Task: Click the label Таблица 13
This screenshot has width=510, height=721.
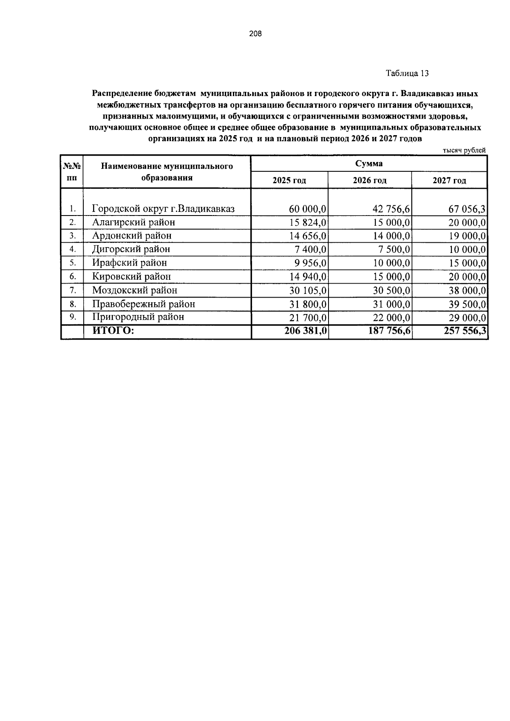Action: [407, 74]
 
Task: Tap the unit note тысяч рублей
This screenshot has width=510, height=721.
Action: [464, 150]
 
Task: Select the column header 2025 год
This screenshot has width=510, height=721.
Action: [289, 181]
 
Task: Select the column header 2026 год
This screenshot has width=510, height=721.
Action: [370, 181]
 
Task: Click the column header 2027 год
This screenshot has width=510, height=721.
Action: [449, 181]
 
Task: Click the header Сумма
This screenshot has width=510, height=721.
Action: [369, 164]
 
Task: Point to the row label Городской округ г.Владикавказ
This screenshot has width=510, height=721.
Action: [163, 209]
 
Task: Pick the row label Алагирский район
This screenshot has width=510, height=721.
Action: [133, 222]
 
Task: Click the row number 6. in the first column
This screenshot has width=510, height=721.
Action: [73, 277]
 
